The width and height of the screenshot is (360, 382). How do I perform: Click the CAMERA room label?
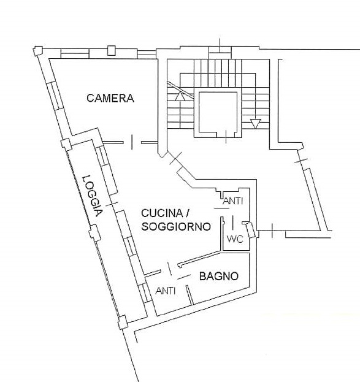tap(110, 98)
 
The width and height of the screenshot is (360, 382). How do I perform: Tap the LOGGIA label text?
tap(93, 196)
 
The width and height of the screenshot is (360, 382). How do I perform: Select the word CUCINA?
tap(162, 213)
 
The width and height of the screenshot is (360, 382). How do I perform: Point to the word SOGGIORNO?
tap(176, 227)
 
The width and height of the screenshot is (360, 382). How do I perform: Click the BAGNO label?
tap(218, 277)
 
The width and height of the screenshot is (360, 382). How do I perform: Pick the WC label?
tap(235, 239)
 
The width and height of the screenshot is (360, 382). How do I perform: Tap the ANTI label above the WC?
tap(233, 201)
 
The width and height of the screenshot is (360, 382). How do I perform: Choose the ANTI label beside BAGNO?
tap(166, 291)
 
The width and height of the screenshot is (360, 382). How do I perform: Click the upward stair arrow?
tap(180, 96)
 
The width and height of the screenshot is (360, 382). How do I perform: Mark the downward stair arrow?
tap(256, 124)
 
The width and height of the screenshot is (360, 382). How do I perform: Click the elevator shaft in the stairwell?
tap(218, 112)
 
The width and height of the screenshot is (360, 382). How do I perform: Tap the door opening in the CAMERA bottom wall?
tap(132, 142)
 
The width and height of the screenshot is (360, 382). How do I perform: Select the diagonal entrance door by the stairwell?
tap(176, 158)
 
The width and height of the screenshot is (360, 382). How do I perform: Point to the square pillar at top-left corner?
tap(38, 51)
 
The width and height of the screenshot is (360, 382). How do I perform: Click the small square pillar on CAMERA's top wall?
tap(111, 50)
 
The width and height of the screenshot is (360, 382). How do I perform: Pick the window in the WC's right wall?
tap(250, 230)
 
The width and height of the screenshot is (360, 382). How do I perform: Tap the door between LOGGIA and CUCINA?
tap(112, 203)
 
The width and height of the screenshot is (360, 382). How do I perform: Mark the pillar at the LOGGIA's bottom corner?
tap(123, 322)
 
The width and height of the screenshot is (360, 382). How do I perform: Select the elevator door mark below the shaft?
tap(226, 137)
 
